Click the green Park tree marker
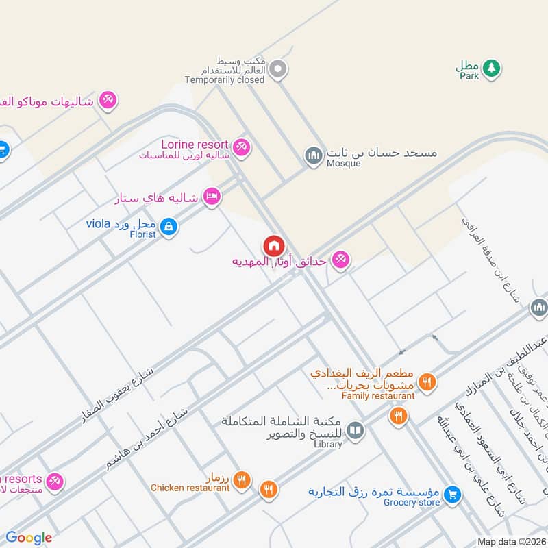click(490, 67)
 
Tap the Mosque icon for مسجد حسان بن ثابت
click(314, 156)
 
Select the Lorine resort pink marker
click(240, 146)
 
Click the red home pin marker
click(273, 245)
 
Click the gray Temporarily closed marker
click(277, 68)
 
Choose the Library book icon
click(355, 430)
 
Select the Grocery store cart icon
click(451, 493)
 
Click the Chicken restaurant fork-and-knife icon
click(241, 480)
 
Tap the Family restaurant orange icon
click(427, 382)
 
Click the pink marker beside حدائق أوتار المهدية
click(340, 260)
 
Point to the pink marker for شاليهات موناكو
click(108, 100)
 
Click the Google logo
click(29, 538)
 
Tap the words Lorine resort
click(195, 144)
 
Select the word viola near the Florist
click(98, 224)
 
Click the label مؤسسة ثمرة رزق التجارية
click(373, 492)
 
